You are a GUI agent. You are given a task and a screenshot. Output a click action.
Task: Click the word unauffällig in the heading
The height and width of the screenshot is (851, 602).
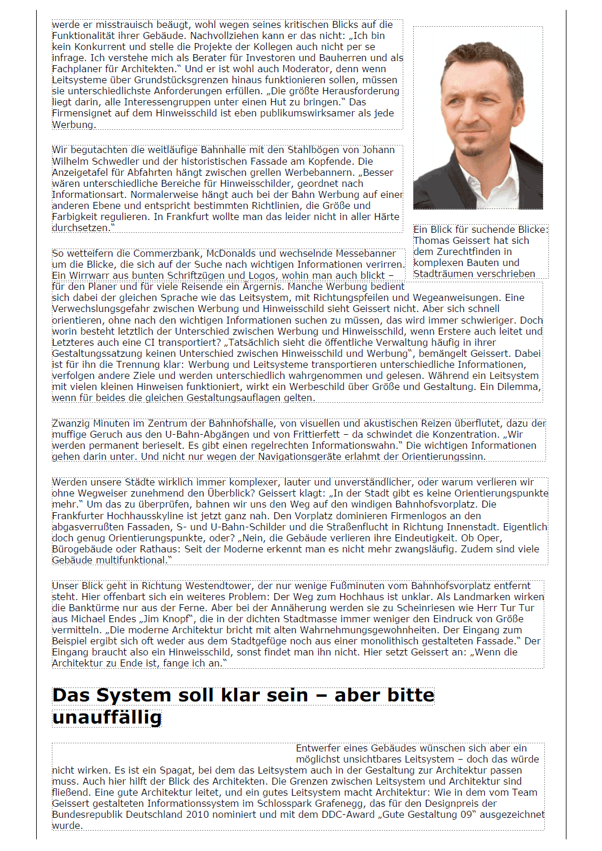tap(107, 717)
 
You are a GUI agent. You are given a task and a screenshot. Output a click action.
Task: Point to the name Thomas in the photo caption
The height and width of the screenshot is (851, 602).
tap(430, 240)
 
